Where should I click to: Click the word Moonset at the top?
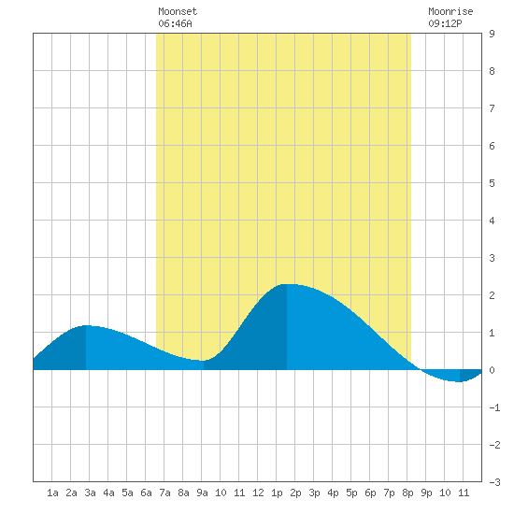click(178, 11)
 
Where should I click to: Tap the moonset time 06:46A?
click(175, 23)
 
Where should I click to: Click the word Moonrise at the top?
click(450, 11)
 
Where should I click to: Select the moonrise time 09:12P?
click(445, 23)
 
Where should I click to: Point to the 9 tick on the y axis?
click(492, 34)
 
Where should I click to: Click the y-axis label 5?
click(492, 183)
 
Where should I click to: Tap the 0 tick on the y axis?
click(492, 370)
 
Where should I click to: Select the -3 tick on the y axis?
click(494, 482)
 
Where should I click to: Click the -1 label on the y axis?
click(494, 407)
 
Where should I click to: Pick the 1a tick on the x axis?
click(52, 493)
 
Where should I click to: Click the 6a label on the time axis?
click(146, 493)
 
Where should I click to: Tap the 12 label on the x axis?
click(258, 493)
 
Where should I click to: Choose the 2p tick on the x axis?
click(295, 493)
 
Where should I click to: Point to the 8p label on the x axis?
click(407, 493)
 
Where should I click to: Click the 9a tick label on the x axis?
click(202, 493)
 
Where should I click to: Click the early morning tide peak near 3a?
click(86, 325)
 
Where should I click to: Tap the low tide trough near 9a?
click(203, 361)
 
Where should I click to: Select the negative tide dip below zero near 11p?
click(460, 381)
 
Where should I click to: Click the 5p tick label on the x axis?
click(351, 493)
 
